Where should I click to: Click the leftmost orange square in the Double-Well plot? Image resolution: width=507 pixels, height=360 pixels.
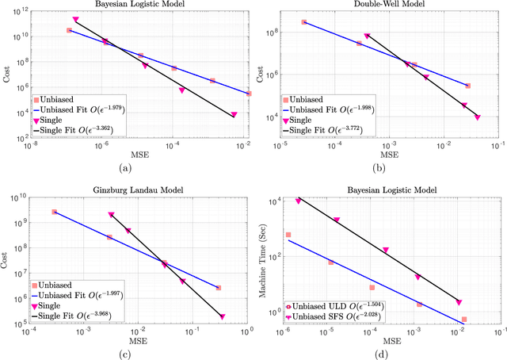(x=303, y=22)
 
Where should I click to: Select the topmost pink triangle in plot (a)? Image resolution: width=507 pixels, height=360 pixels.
(x=75, y=20)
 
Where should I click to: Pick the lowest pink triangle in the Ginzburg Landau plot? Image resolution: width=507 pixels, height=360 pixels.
(x=223, y=316)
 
